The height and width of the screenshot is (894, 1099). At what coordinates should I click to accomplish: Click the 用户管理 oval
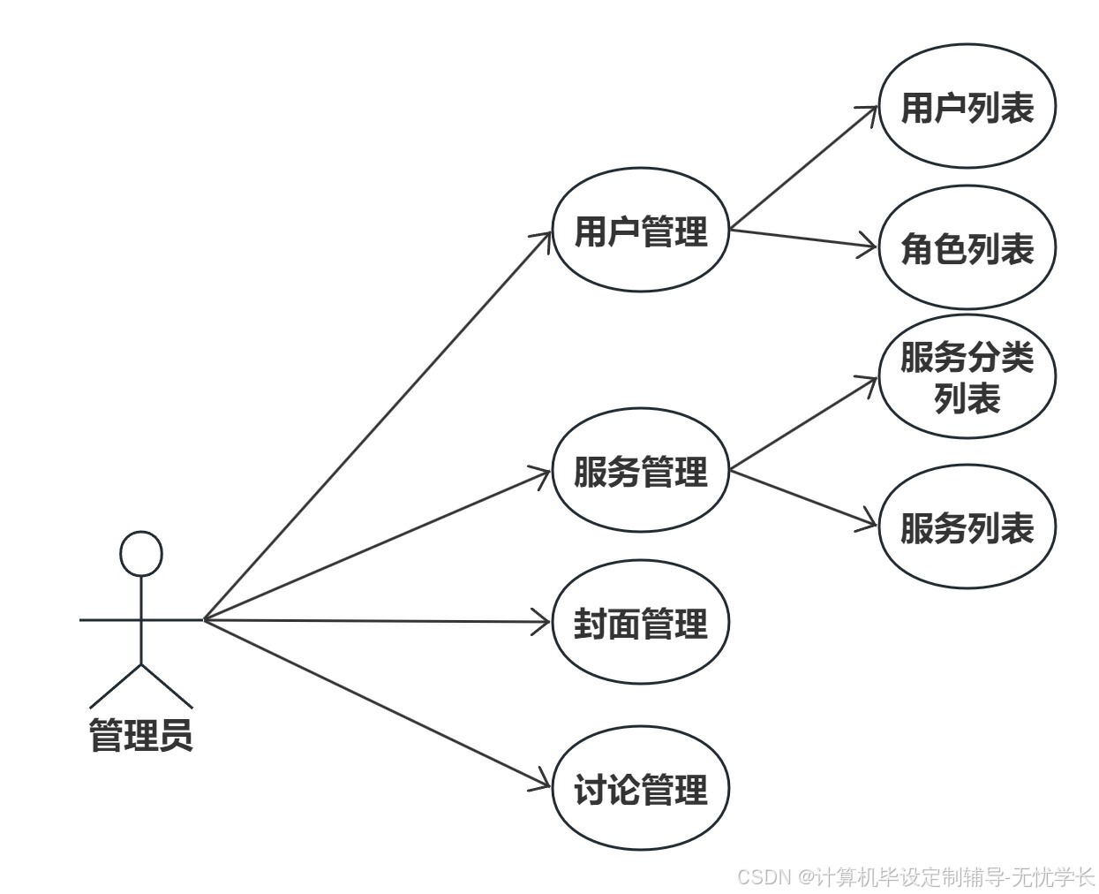click(640, 231)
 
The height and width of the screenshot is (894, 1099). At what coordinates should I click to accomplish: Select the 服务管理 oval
click(640, 470)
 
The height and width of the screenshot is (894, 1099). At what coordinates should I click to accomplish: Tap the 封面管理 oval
click(640, 623)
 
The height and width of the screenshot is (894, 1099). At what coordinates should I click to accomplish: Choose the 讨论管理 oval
click(640, 788)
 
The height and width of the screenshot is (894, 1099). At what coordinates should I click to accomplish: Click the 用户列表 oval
click(967, 107)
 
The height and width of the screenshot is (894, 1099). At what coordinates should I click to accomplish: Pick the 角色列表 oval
click(967, 248)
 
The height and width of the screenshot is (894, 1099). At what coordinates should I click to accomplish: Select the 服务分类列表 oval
click(967, 377)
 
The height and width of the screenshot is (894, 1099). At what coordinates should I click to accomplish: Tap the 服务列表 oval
click(967, 527)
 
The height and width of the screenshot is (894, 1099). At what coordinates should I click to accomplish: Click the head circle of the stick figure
click(141, 554)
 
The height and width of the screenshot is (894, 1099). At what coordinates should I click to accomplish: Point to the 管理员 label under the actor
click(141, 735)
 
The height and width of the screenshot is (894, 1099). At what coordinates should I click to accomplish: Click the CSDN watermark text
click(915, 876)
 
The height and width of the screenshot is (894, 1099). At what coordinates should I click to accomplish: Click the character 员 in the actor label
click(176, 735)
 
